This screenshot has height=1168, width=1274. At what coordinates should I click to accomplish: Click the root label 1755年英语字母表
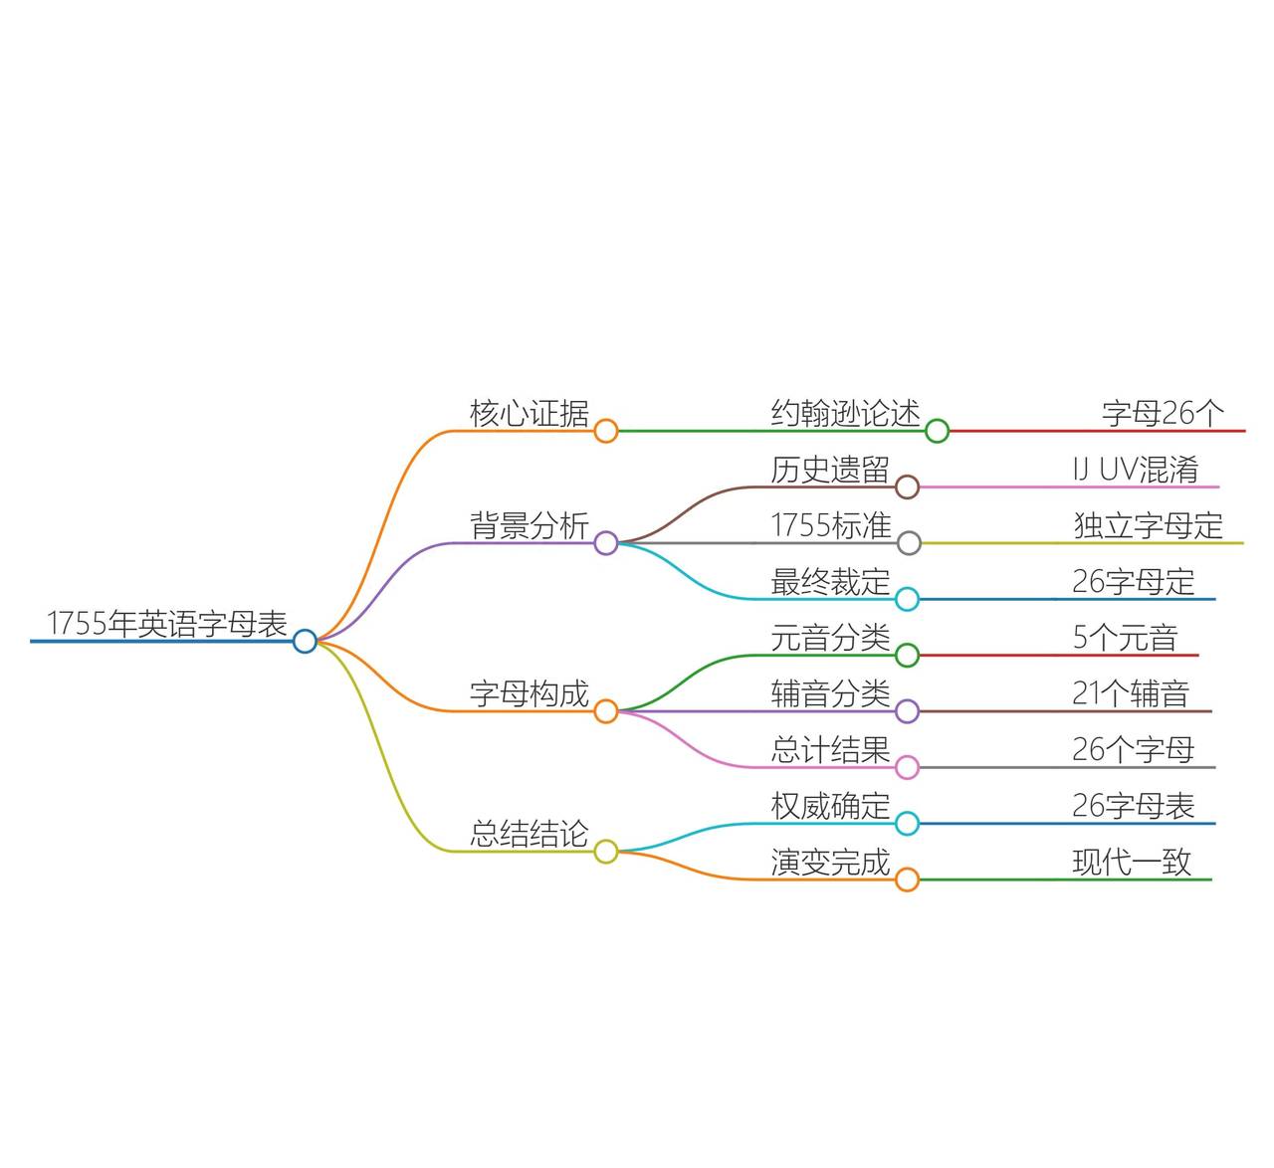click(x=166, y=624)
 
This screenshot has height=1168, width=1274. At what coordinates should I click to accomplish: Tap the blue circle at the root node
click(x=305, y=642)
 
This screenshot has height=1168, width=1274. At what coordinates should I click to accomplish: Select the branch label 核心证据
click(x=529, y=414)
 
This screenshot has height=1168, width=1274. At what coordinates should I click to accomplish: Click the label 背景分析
click(x=529, y=525)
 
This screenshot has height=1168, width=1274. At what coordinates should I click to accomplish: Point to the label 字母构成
click(x=529, y=693)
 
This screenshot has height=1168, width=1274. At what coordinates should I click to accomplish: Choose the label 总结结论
click(x=529, y=834)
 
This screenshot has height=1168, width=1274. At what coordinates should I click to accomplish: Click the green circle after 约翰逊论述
click(x=937, y=431)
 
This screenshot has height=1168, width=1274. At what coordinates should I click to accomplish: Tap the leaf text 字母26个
click(x=1163, y=414)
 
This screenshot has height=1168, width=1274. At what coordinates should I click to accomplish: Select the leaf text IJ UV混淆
click(x=1135, y=470)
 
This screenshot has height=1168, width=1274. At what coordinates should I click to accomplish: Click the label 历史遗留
click(x=829, y=470)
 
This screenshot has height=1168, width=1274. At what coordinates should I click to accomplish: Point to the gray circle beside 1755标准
click(x=909, y=543)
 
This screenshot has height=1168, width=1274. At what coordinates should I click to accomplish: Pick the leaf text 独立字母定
click(x=1148, y=525)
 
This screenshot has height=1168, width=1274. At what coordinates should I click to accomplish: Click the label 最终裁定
click(x=829, y=582)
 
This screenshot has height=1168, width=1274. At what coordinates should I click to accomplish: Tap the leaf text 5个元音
click(x=1125, y=638)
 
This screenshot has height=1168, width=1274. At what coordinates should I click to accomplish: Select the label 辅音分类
click(x=829, y=693)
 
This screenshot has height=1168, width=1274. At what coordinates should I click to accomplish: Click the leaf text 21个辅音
click(x=1131, y=693)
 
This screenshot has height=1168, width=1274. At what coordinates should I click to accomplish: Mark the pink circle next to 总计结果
click(x=907, y=767)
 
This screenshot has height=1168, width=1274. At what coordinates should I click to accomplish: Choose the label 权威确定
click(x=829, y=806)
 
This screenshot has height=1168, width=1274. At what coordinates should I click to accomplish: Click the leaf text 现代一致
click(x=1132, y=862)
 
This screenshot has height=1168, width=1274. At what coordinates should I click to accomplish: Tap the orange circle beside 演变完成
click(x=907, y=879)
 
